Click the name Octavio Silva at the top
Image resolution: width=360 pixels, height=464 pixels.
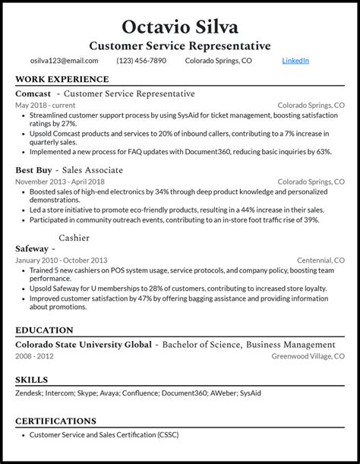pos(180,27)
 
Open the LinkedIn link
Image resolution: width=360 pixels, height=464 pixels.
pos(295,61)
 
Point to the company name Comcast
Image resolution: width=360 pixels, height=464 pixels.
pos(33,93)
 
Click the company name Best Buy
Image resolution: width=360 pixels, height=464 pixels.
pos(34,170)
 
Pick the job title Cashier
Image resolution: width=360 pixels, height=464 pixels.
pos(75,237)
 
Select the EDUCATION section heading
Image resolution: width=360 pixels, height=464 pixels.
pos(44,330)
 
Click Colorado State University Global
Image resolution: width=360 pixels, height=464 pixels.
pos(84,344)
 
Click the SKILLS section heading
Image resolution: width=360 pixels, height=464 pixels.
pos(31,380)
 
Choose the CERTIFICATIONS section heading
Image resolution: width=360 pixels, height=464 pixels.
pos(55,421)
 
